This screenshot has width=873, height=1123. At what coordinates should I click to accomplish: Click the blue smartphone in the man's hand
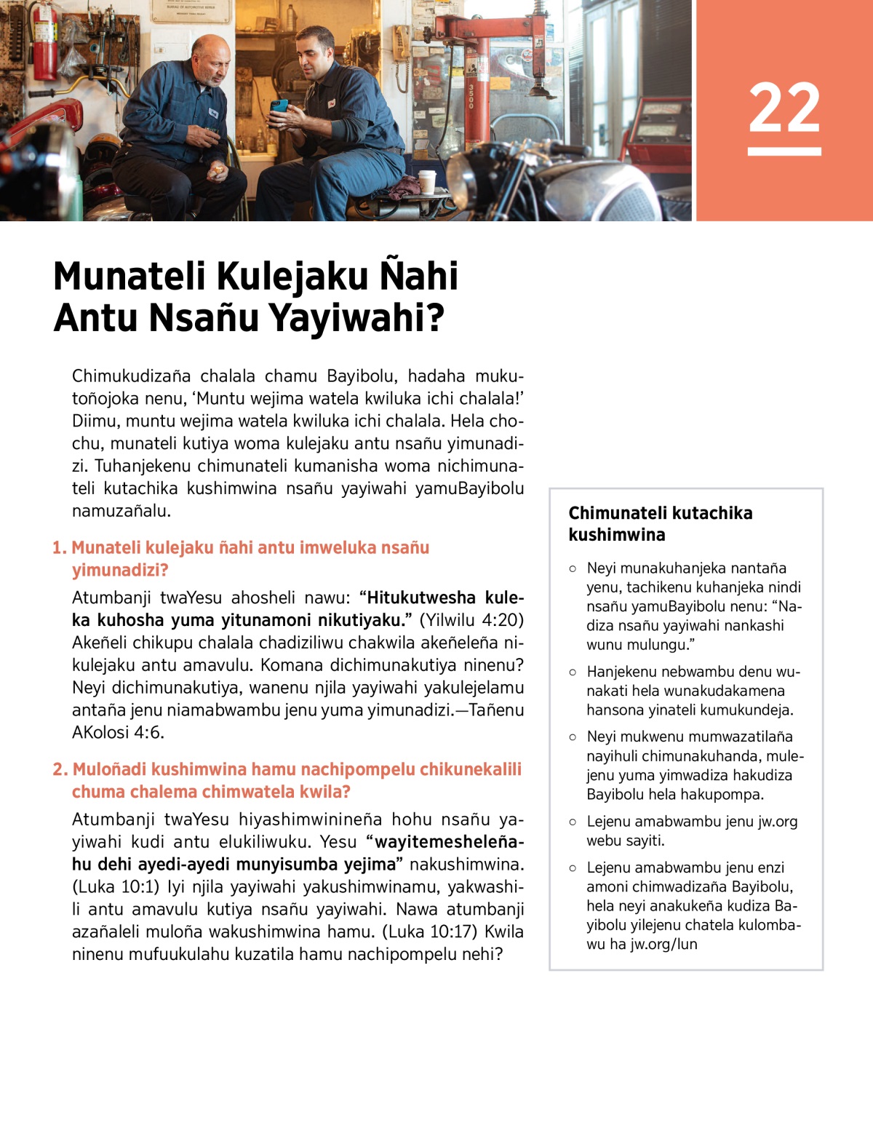coord(279,107)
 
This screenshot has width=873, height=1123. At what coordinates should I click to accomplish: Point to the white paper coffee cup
coord(427,181)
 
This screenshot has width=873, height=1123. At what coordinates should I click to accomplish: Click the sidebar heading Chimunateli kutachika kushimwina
coord(660,523)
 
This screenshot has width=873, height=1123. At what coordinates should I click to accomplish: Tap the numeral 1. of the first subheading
coord(59,548)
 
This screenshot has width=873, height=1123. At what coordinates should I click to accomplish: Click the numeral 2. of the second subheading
coord(60,769)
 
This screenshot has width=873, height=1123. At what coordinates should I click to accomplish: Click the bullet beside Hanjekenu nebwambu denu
coord(573,672)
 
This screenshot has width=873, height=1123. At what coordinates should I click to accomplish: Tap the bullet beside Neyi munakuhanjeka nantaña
coord(573,568)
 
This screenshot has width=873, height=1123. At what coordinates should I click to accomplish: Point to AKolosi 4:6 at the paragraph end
coord(118,732)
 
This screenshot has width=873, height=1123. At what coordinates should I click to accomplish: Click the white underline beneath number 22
coord(784,151)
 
